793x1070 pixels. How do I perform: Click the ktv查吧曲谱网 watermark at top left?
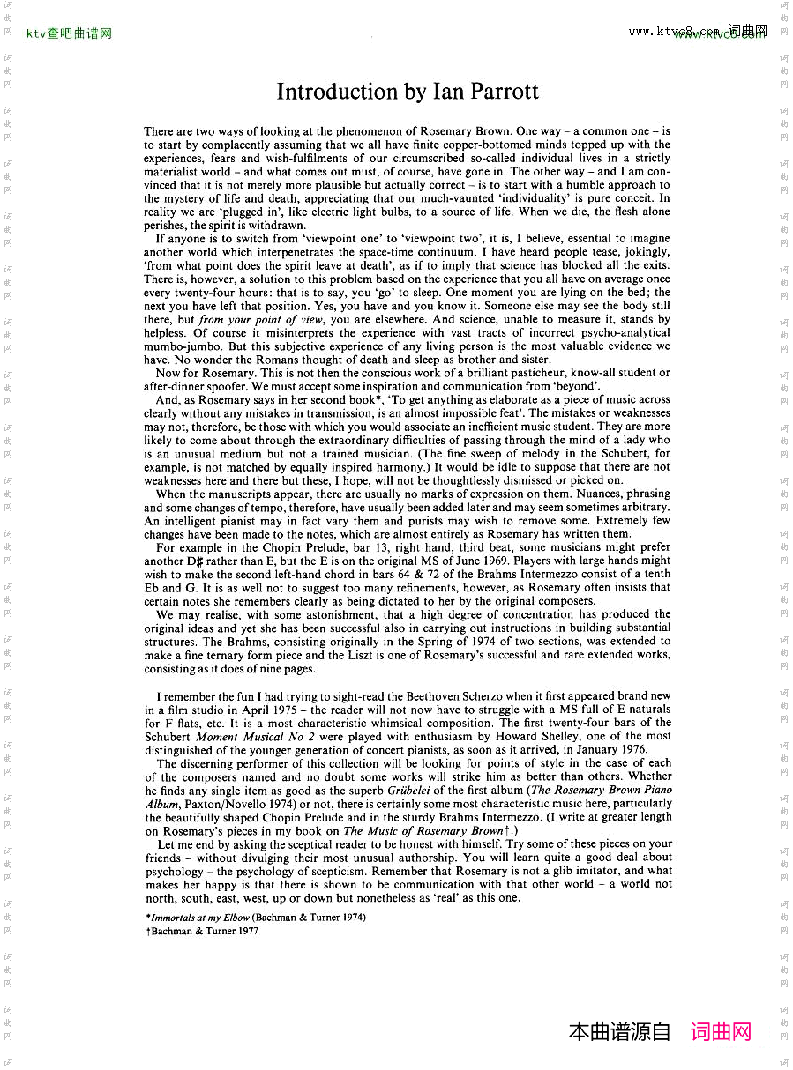[70, 34]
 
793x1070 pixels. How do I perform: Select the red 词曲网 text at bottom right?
[721, 1032]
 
